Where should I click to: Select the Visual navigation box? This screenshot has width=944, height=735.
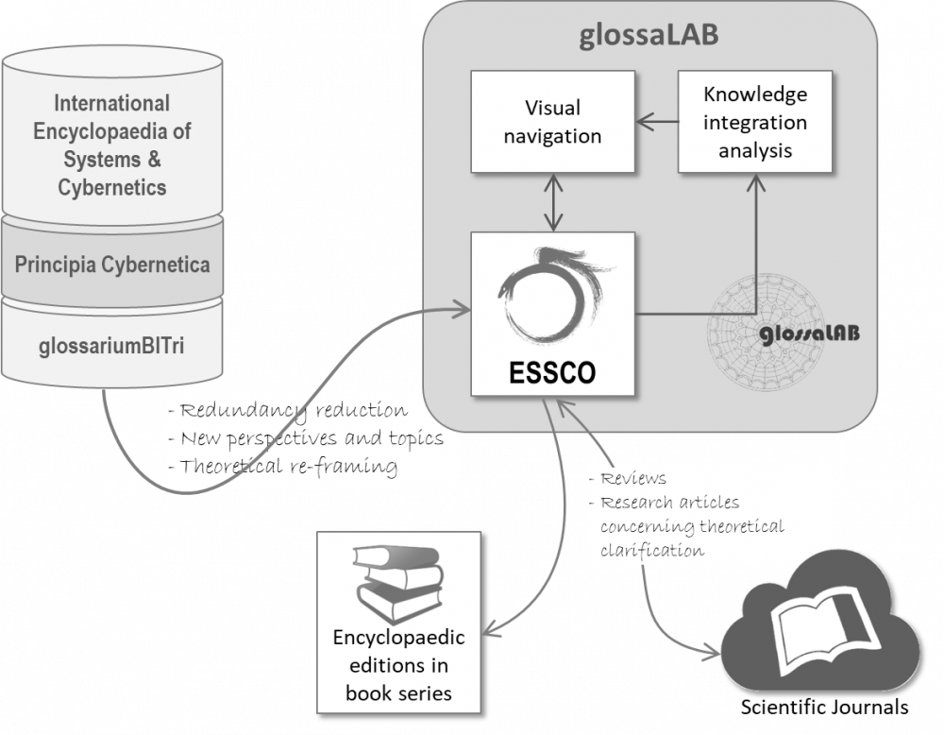[x=551, y=122]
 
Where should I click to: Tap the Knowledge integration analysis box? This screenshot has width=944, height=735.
[x=754, y=122]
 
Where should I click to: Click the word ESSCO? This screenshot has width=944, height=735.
[x=552, y=371]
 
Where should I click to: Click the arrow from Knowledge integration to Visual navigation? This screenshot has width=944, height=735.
[x=655, y=121]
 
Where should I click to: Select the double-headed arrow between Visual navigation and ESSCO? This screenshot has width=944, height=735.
[x=552, y=203]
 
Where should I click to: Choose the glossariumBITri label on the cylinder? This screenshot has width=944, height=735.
[x=112, y=344]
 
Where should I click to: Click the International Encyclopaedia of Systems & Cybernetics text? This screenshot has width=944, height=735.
[x=112, y=145]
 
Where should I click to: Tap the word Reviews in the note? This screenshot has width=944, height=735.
[x=633, y=479]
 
